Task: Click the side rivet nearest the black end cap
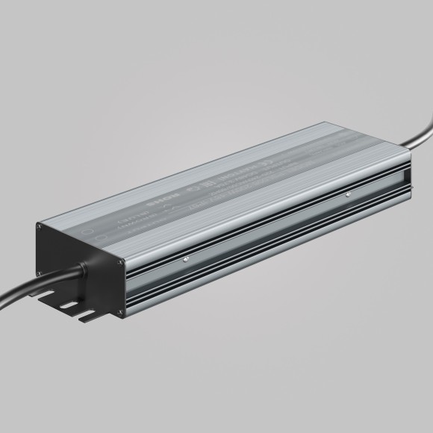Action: click(x=185, y=259)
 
